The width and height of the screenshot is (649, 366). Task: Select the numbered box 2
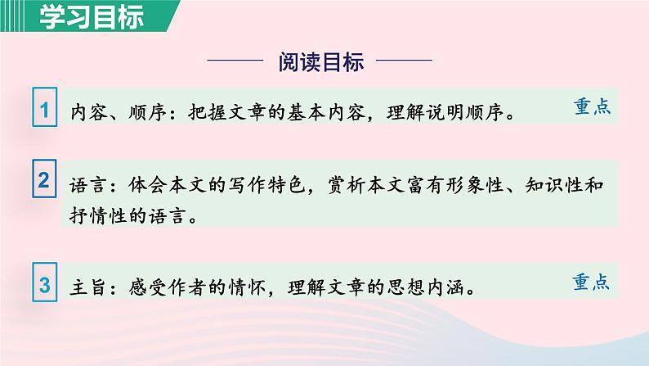46,183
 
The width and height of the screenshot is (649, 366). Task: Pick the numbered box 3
46,286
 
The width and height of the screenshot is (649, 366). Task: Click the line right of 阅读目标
405,61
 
